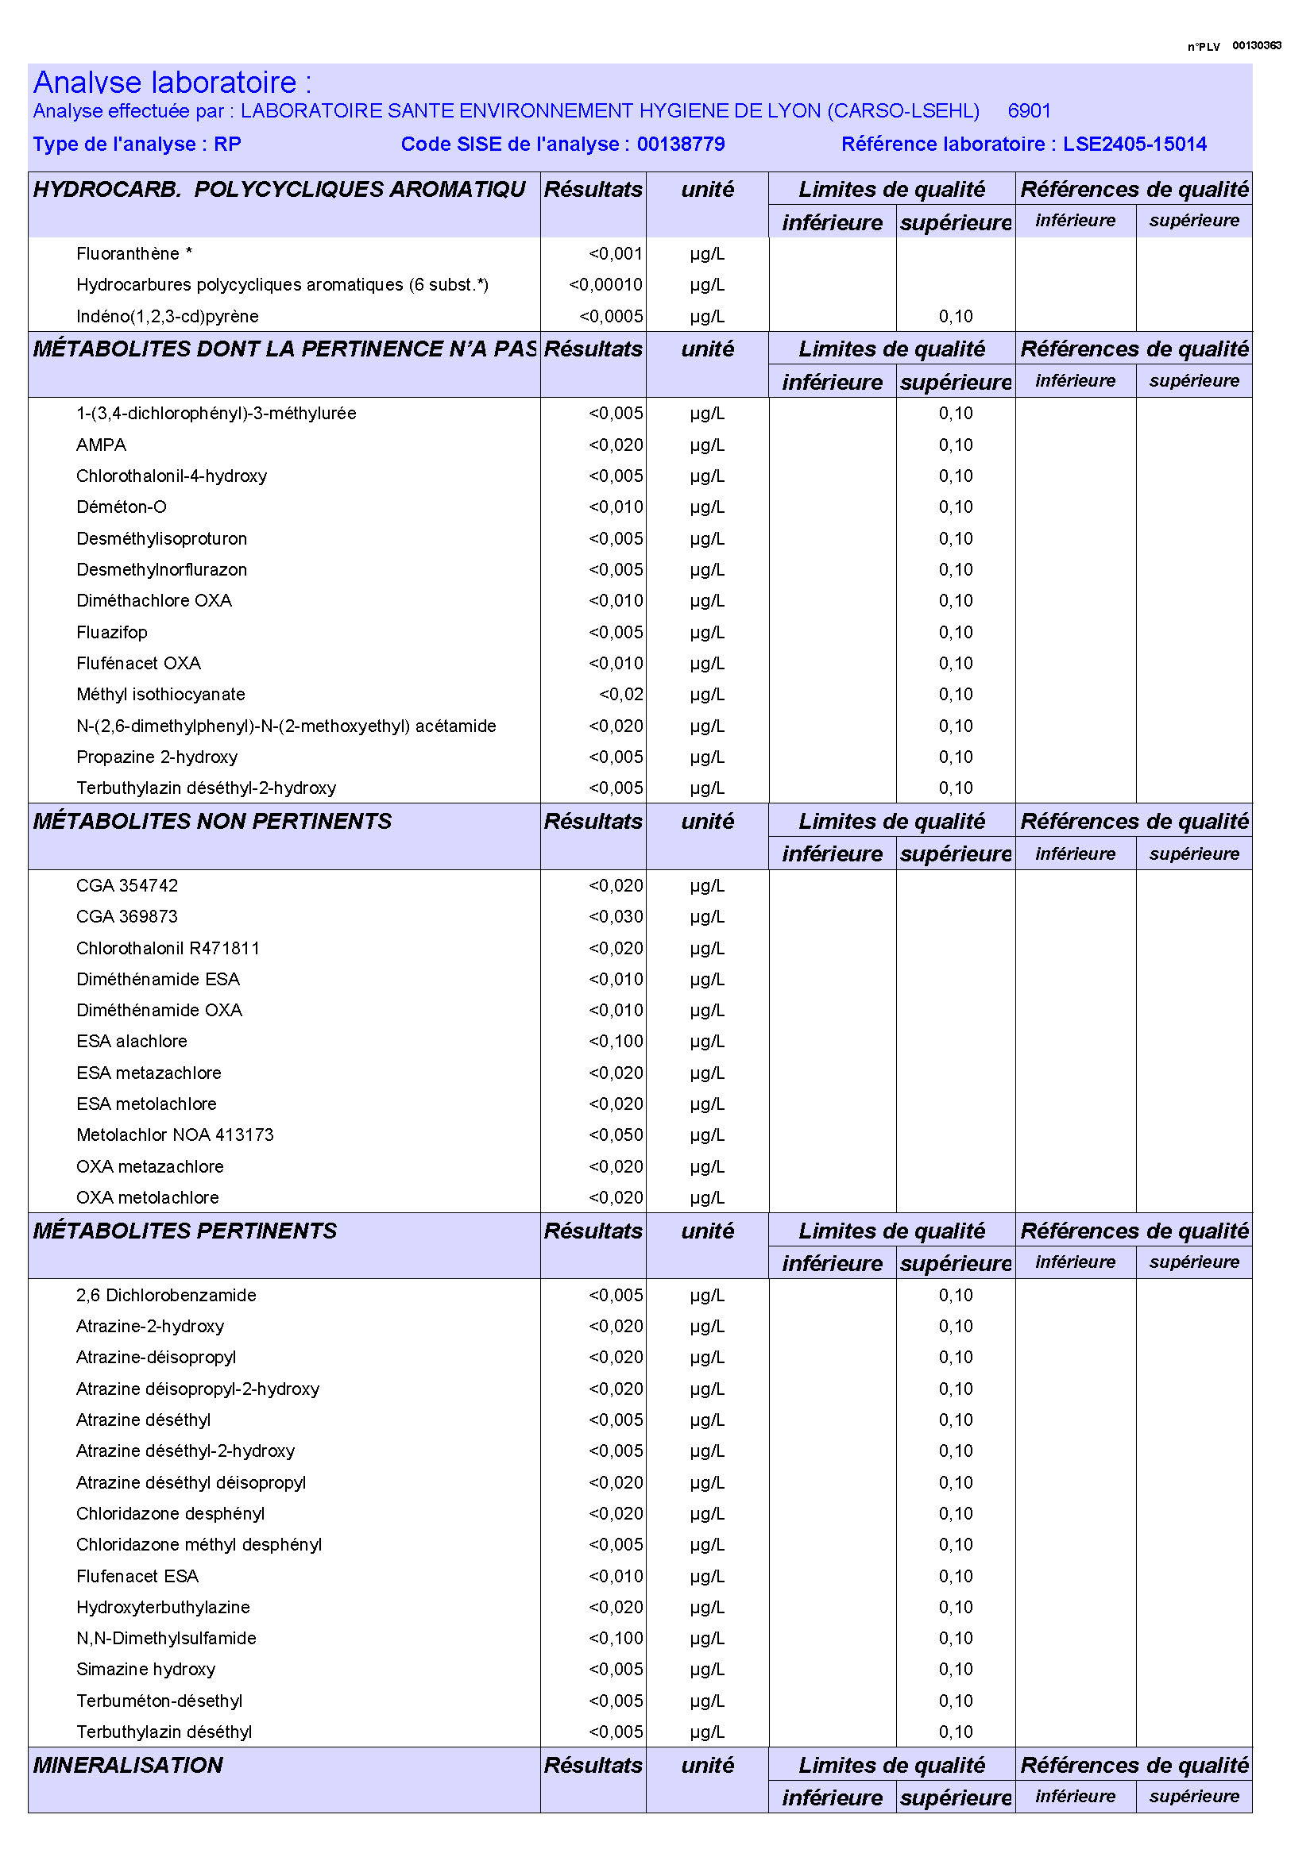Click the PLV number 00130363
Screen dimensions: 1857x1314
click(x=1257, y=45)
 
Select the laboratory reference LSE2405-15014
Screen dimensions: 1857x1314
click(x=1134, y=144)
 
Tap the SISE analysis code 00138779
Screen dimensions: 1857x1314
click(x=681, y=144)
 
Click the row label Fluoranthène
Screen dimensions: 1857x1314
click(x=128, y=254)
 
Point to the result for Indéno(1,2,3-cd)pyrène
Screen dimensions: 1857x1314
click(x=611, y=316)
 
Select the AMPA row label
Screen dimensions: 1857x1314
click(x=101, y=445)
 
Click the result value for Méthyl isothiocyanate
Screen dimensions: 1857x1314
click(x=620, y=694)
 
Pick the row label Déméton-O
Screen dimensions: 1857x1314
click(x=122, y=507)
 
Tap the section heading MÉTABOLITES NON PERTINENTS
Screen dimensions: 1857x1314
click(x=212, y=821)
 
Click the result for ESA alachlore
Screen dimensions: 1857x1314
click(x=616, y=1041)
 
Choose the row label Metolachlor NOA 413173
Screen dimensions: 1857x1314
click(x=175, y=1135)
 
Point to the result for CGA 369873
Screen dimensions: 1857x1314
click(x=616, y=916)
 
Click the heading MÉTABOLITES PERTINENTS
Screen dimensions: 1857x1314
click(x=184, y=1231)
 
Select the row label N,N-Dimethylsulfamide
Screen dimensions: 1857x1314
click(x=166, y=1638)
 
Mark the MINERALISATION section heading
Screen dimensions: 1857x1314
click(x=128, y=1765)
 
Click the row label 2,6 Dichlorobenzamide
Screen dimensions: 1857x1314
click(x=166, y=1295)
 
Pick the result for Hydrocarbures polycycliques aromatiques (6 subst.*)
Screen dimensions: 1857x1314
click(x=605, y=285)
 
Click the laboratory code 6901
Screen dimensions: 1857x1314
click(x=1029, y=111)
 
